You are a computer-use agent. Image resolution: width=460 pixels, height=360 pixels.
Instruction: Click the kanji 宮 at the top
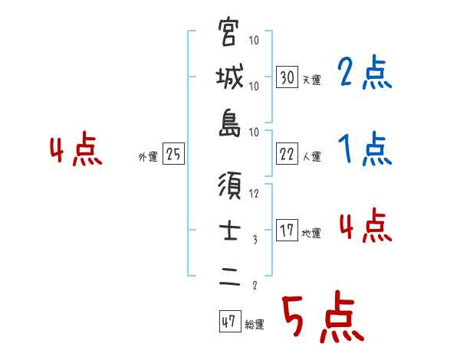[229, 33]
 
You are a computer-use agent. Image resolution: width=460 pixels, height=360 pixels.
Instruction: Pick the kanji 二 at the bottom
[229, 278]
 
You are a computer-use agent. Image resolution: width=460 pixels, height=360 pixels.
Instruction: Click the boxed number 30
[287, 77]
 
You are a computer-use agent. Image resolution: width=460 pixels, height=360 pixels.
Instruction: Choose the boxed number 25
[173, 155]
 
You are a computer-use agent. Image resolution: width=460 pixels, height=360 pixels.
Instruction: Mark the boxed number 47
[228, 322]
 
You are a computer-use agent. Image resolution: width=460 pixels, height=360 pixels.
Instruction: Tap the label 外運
[147, 157]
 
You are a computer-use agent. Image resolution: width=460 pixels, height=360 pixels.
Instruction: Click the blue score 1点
[365, 150]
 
